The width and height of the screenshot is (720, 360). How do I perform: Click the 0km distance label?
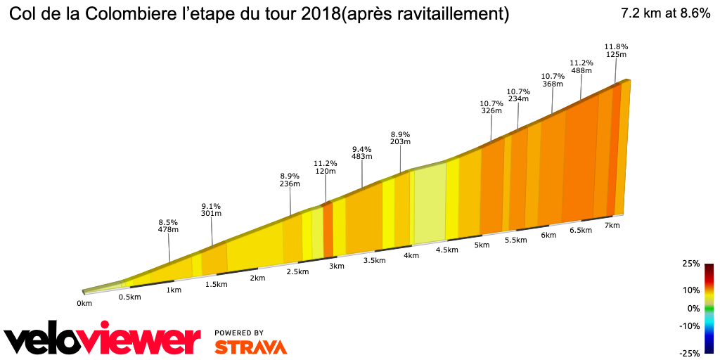(x=84, y=304)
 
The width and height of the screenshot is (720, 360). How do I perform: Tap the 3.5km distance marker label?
(x=374, y=261)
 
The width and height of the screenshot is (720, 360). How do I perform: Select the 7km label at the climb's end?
(x=612, y=225)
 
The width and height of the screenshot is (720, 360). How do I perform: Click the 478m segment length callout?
(x=168, y=229)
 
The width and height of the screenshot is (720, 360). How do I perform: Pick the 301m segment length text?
(x=211, y=214)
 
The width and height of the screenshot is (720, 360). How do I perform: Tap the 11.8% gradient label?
(x=616, y=47)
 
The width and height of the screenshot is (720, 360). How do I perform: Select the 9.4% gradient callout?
(x=361, y=149)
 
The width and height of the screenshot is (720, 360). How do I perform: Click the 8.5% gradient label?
(x=168, y=221)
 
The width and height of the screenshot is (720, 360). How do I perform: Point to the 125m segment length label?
(x=616, y=55)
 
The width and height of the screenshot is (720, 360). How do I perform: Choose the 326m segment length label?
(x=491, y=110)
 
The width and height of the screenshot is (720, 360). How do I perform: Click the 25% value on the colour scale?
(x=690, y=264)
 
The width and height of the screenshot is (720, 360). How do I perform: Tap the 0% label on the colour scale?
(x=693, y=308)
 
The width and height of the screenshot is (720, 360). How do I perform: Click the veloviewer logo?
(x=103, y=340)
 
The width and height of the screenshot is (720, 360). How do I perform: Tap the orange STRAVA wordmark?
(x=250, y=347)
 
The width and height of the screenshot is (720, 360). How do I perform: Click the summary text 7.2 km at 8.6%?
(x=665, y=14)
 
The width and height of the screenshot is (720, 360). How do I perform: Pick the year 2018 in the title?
(x=318, y=14)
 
